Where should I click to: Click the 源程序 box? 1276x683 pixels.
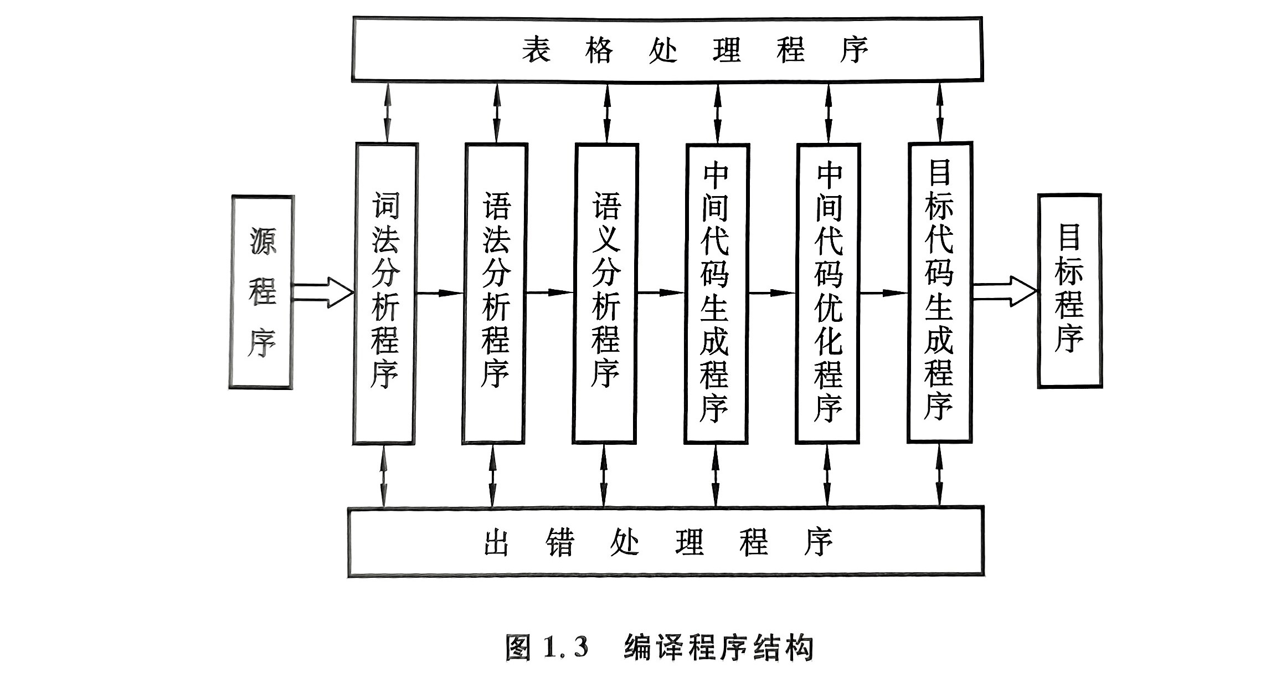coord(261,291)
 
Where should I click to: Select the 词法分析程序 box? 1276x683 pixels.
coord(385,294)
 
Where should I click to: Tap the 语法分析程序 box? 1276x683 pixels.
coord(495,294)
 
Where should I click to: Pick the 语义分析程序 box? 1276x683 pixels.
coord(605,294)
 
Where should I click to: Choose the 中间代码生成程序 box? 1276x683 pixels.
coord(717,294)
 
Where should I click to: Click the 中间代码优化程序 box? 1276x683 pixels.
coord(828,294)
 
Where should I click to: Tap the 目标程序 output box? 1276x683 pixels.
coord(1069,291)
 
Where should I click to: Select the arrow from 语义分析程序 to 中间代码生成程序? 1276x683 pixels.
coord(661,292)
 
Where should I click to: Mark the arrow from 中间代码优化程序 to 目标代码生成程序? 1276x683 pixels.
coord(884,292)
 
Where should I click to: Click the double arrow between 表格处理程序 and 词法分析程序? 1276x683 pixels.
coord(387,112)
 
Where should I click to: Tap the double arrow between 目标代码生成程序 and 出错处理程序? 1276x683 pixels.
coord(939,475)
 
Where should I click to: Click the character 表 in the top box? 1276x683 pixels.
coord(536,50)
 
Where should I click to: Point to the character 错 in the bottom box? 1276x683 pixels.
coord(560,542)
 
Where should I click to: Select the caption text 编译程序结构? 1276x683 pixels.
coord(718,647)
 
